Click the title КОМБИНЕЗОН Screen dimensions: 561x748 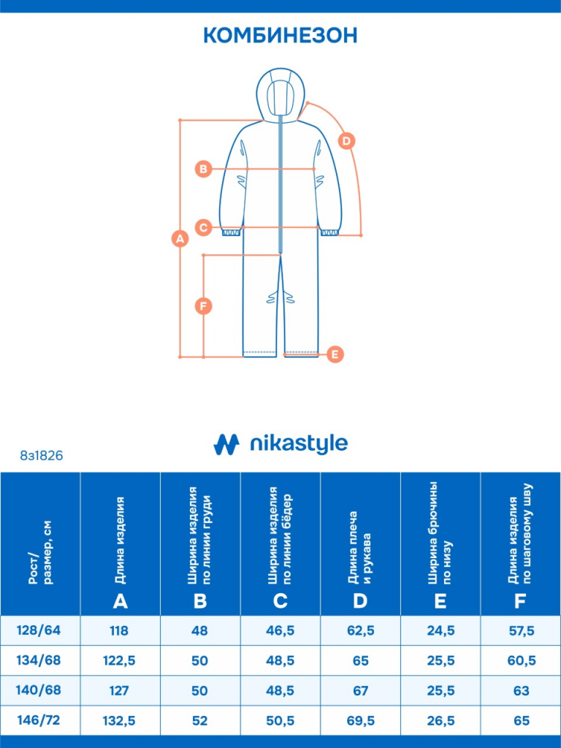(x=280, y=35)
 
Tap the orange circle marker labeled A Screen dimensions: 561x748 (x=180, y=238)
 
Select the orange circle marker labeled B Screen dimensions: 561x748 (x=203, y=169)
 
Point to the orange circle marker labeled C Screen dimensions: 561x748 (x=203, y=227)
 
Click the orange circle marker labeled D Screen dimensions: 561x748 (x=346, y=141)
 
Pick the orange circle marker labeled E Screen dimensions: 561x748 (x=335, y=354)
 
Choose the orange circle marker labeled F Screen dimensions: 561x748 (x=204, y=306)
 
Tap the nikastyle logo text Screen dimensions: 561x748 (x=299, y=443)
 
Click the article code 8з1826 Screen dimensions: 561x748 (x=42, y=456)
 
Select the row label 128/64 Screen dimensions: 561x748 (x=39, y=630)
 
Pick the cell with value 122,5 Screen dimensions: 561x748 (x=119, y=660)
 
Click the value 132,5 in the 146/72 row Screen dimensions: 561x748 (x=119, y=720)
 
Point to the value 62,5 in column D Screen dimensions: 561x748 (x=361, y=630)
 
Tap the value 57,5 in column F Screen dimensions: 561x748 (x=522, y=630)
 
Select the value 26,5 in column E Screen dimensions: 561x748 (x=440, y=720)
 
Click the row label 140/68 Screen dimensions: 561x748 (x=39, y=690)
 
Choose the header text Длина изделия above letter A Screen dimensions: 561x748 (x=120, y=540)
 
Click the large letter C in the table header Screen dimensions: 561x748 (x=280, y=601)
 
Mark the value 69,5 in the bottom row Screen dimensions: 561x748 (x=361, y=720)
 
